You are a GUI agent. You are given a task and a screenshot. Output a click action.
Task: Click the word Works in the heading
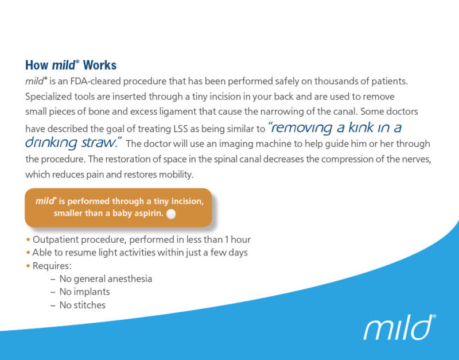[x=100, y=65]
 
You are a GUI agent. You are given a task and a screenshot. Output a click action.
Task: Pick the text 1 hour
[x=237, y=239]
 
